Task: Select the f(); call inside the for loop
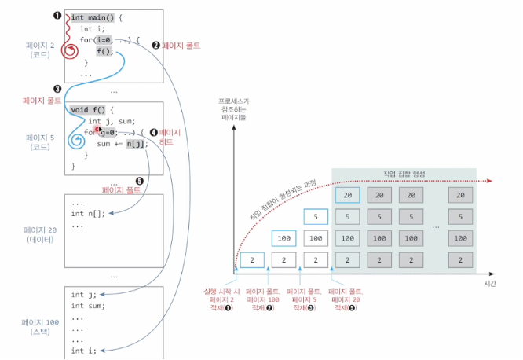(x=105, y=52)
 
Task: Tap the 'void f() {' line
(x=93, y=109)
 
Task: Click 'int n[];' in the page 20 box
(x=87, y=214)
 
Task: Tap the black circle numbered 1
(x=57, y=16)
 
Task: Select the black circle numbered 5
(x=140, y=180)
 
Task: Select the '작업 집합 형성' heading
(x=403, y=173)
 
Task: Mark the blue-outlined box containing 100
(x=284, y=237)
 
